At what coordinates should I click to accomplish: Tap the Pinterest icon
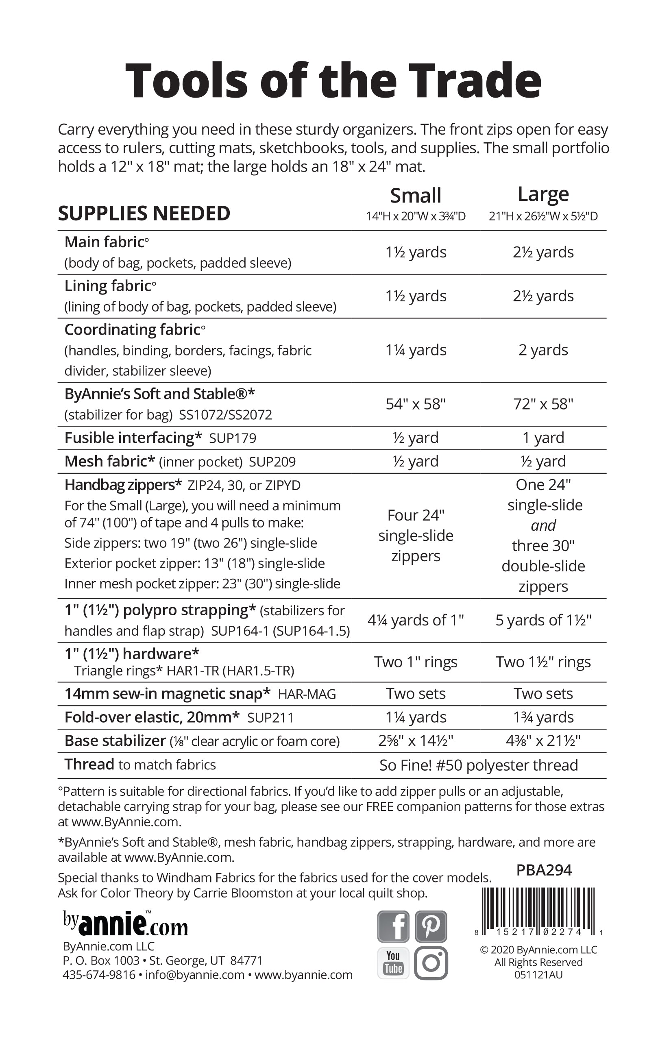tap(431, 926)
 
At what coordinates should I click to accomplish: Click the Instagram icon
tap(431, 963)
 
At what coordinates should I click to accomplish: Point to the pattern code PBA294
tap(544, 870)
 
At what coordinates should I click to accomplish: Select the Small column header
tap(416, 196)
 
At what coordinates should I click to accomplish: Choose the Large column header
tap(543, 194)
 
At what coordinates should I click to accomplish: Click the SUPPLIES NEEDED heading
tap(144, 213)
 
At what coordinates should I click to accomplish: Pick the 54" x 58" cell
tap(416, 404)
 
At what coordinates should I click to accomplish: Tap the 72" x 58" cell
tap(543, 404)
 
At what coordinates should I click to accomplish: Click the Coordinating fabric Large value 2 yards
tap(543, 350)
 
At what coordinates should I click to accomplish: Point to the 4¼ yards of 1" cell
tap(416, 620)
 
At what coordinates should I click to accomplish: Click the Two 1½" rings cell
tap(543, 662)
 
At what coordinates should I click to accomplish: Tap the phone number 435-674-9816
tap(99, 975)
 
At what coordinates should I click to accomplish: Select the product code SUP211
tap(270, 718)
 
